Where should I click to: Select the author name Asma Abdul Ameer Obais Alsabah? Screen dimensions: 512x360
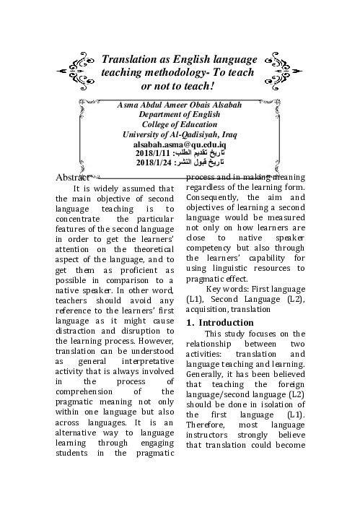[x=179, y=106]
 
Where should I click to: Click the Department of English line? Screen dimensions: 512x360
[x=179, y=116]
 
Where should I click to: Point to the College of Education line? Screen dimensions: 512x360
[x=179, y=125]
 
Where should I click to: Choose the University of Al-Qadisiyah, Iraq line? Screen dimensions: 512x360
[x=179, y=134]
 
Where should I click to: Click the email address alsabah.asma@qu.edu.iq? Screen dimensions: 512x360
[x=179, y=144]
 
